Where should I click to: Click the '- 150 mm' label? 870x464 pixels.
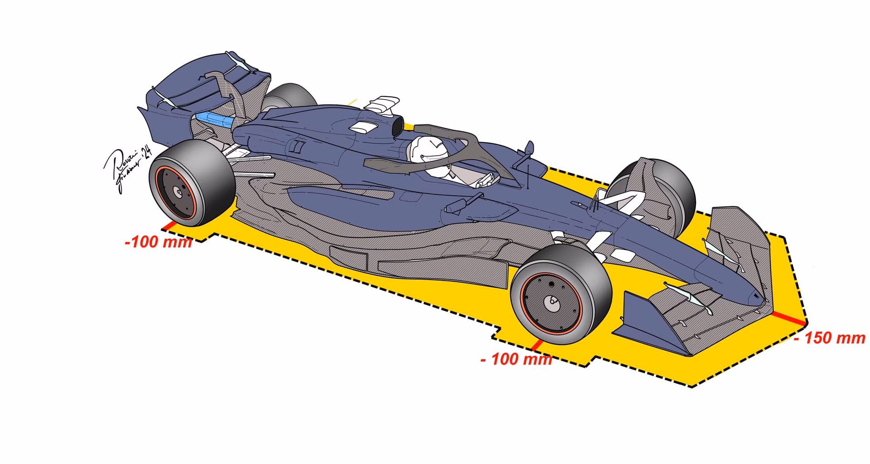tap(830, 338)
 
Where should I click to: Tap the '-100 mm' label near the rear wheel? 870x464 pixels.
tap(158, 242)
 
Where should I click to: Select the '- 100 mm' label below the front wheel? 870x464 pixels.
tap(516, 359)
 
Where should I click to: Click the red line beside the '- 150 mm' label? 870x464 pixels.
tap(789, 318)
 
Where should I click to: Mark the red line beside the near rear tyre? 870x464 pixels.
tap(170, 225)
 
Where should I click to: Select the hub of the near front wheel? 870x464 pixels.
tap(551, 302)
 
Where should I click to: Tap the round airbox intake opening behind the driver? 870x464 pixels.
tap(397, 126)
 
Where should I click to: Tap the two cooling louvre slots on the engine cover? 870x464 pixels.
tap(297, 146)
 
